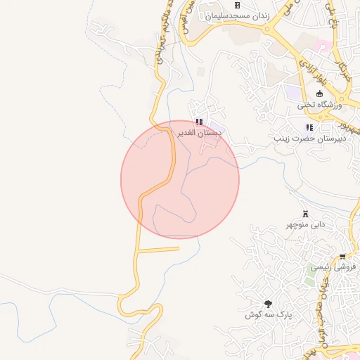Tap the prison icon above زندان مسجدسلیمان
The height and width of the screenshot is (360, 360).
(237, 6)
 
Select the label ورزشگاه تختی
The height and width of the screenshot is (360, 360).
(319, 105)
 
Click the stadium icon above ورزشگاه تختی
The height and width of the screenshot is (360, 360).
(319, 94)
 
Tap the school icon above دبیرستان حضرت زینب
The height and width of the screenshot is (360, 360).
(309, 128)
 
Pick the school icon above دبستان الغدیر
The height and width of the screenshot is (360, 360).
(199, 122)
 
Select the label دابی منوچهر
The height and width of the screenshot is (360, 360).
(305, 224)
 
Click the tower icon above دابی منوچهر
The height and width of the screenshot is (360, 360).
(305, 214)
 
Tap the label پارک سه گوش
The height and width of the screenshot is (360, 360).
(268, 314)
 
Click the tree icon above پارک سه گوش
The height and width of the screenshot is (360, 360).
(268, 304)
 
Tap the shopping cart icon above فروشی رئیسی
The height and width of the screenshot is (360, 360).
(342, 257)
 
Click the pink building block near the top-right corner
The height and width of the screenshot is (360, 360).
(323, 46)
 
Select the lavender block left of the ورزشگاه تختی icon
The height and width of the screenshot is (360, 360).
(292, 91)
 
